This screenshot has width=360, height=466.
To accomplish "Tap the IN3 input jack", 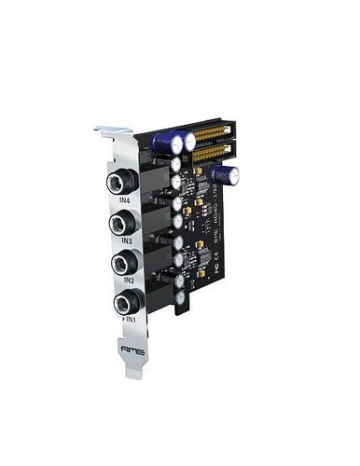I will (x=121, y=222).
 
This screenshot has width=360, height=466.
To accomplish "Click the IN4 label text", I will (x=124, y=199).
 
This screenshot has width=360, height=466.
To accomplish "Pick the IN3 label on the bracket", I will (x=126, y=240).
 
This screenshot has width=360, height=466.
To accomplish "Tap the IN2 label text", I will (x=128, y=281).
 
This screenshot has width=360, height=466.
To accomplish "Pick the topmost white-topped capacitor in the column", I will (x=176, y=161).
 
